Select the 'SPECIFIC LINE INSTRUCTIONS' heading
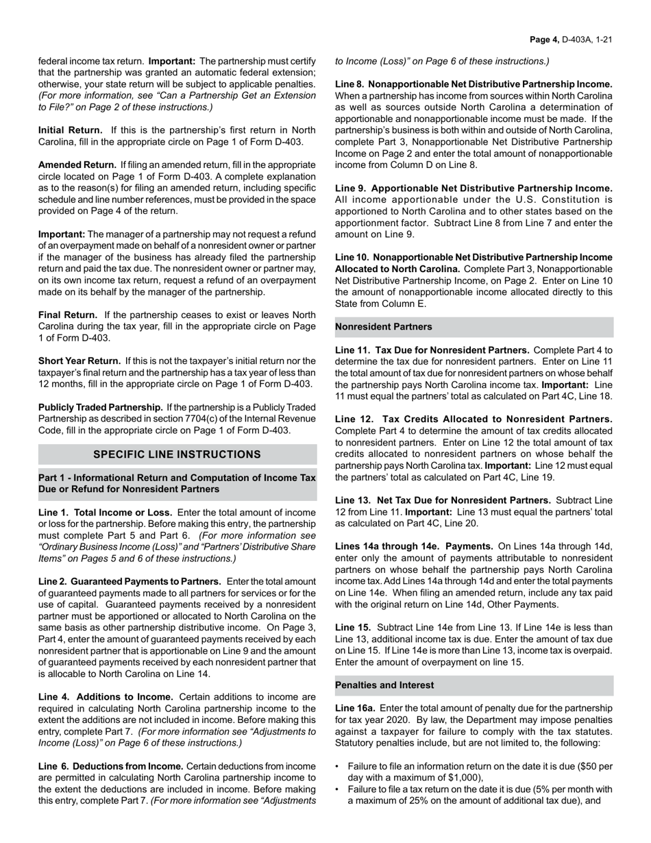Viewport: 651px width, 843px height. tap(177, 454)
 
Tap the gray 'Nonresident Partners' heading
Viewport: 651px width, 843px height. tap(384, 328)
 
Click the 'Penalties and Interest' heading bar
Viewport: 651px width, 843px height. tap(384, 685)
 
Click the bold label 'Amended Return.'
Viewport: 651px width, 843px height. tap(77, 165)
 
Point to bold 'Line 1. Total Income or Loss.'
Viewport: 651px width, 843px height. tap(106, 513)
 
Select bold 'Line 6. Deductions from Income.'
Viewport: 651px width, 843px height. tap(110, 766)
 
